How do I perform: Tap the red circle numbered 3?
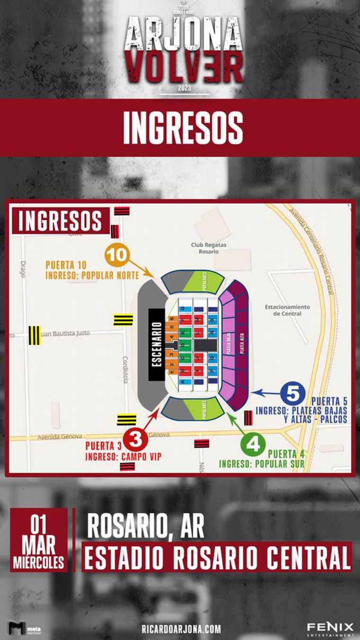136,440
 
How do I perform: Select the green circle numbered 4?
253,445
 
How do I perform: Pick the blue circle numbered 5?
293,393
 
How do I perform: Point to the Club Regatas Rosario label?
209,248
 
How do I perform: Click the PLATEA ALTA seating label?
242,344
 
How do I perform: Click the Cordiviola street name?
126,370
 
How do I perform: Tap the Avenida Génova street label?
60,436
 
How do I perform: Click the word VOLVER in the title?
185,67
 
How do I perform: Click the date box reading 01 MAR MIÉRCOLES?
39,540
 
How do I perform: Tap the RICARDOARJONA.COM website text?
181,629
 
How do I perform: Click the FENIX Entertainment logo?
330,629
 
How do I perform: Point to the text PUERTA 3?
104,446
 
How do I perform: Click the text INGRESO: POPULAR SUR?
261,464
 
